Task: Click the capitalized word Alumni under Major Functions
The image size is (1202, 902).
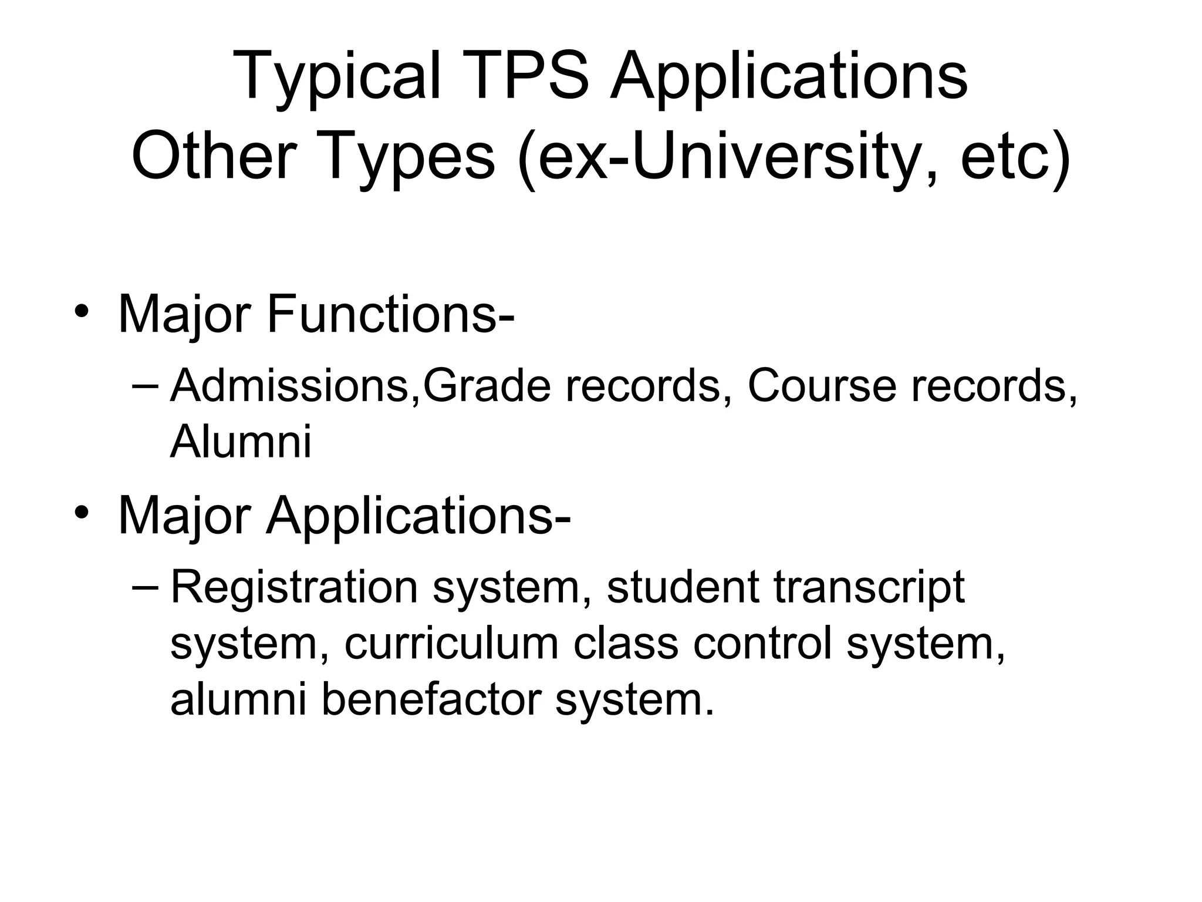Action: [241, 442]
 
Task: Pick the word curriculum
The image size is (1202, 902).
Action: [451, 644]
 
